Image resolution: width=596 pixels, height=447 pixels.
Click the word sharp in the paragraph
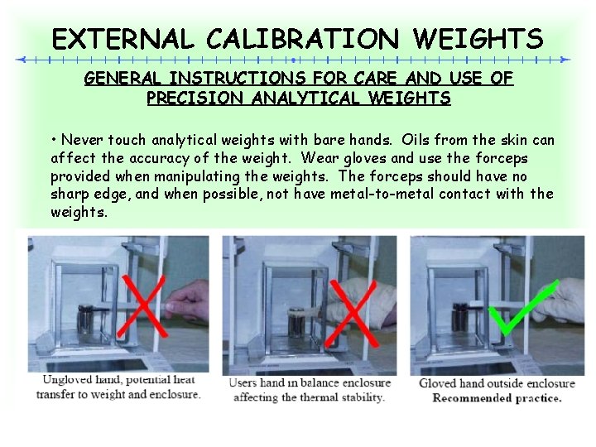70,195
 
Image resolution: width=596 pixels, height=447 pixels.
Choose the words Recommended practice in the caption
497,397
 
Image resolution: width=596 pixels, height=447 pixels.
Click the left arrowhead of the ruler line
22,60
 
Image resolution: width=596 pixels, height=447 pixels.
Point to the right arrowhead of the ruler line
565,60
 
